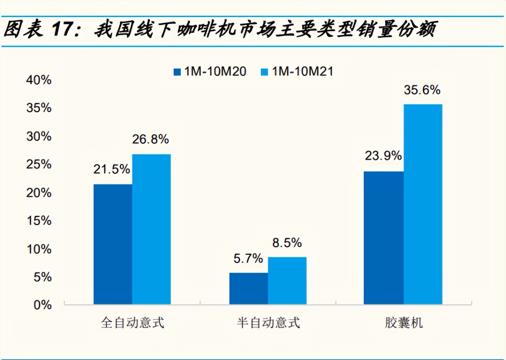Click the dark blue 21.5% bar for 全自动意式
pos(113,244)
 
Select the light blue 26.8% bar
pos(152,229)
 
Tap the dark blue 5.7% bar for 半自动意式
pos(248,289)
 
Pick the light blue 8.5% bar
pos(287,281)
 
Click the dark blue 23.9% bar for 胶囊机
pos(384,238)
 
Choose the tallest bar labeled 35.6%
pos(423,204)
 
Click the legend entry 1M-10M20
pos(210,71)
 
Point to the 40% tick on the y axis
pos(39,80)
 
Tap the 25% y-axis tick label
pos(39,165)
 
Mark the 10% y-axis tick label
pos(39,249)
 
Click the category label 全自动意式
pos(132,323)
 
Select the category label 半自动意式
pos(268,323)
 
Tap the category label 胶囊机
pos(403,323)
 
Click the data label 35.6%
pos(422,90)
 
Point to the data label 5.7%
pos(248,259)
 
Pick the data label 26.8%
pos(150,139)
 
